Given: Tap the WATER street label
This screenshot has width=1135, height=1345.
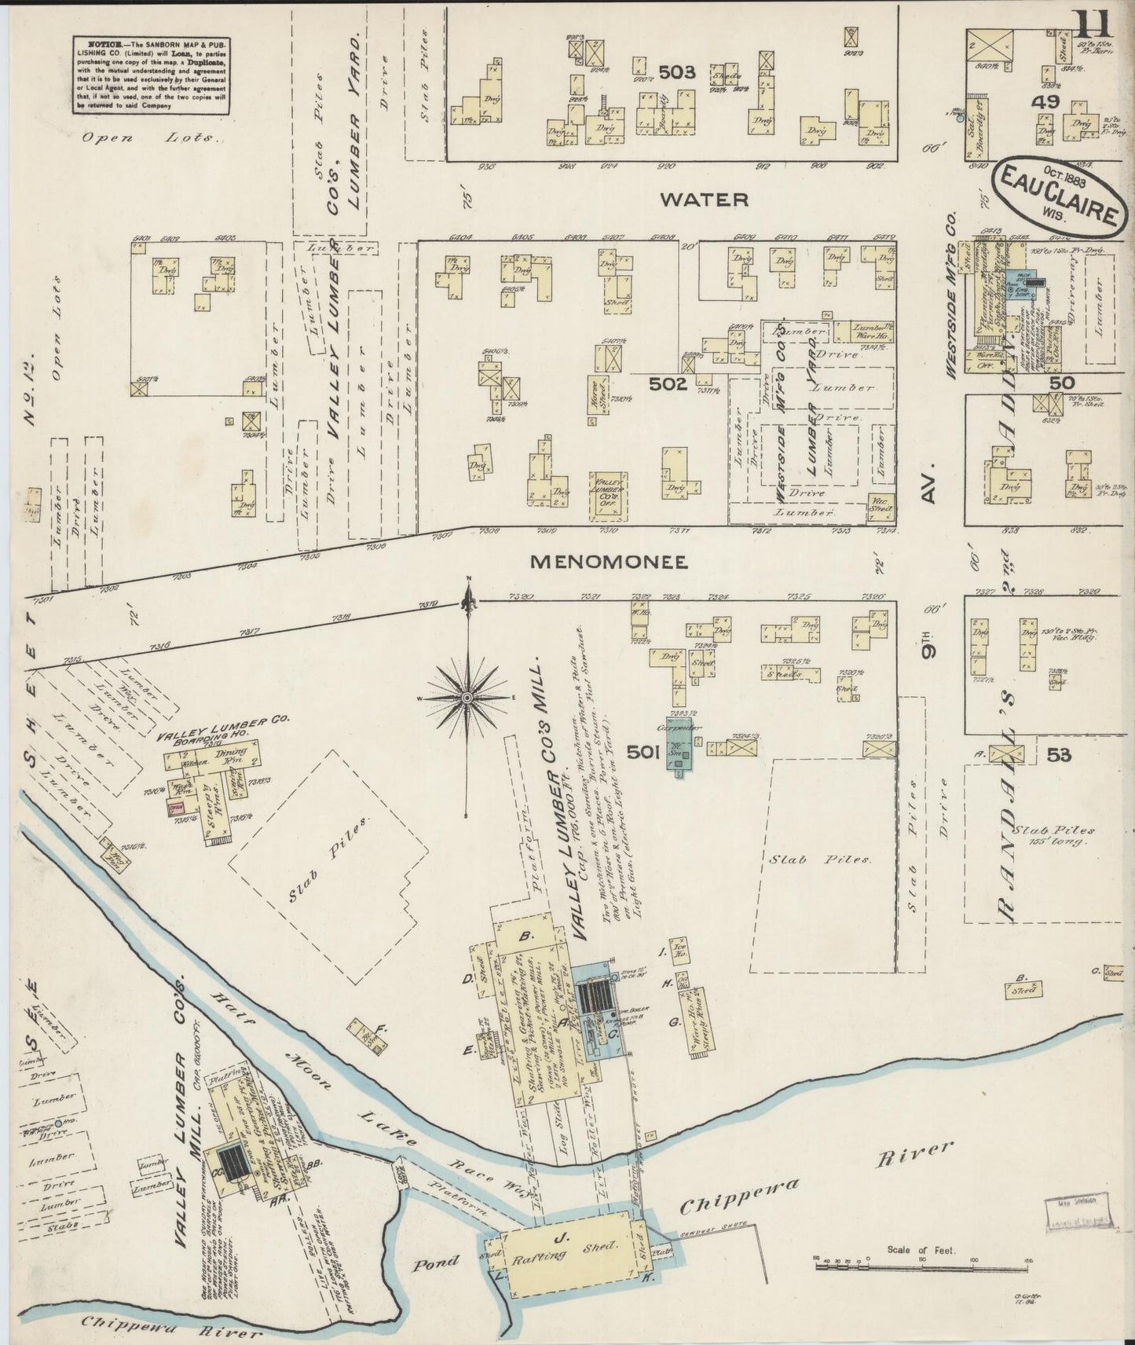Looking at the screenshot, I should (x=704, y=200).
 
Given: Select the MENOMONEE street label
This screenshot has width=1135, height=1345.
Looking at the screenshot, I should (x=609, y=562).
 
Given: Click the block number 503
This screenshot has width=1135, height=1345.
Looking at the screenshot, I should (x=677, y=72).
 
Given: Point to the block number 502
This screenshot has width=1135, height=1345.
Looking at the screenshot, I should (x=668, y=384).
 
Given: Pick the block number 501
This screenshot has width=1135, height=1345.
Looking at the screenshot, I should (x=643, y=753).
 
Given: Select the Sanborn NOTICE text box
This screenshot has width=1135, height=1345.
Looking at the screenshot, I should (x=152, y=75).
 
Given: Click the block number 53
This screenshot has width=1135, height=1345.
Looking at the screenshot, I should (x=1058, y=755).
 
